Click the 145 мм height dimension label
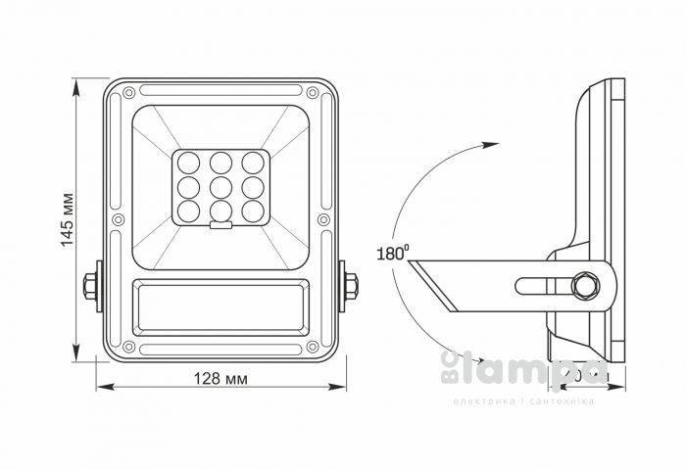[68, 221]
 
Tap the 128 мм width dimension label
[220, 379]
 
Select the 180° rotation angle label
[390, 253]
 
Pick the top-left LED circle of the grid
[188, 163]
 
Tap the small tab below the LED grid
[220, 227]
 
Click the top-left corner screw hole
[127, 93]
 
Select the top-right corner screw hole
[313, 93]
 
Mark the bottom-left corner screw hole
[127, 347]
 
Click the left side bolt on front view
[90, 286]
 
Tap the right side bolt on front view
[350, 286]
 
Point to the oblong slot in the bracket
[545, 286]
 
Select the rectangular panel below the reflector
[220, 305]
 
